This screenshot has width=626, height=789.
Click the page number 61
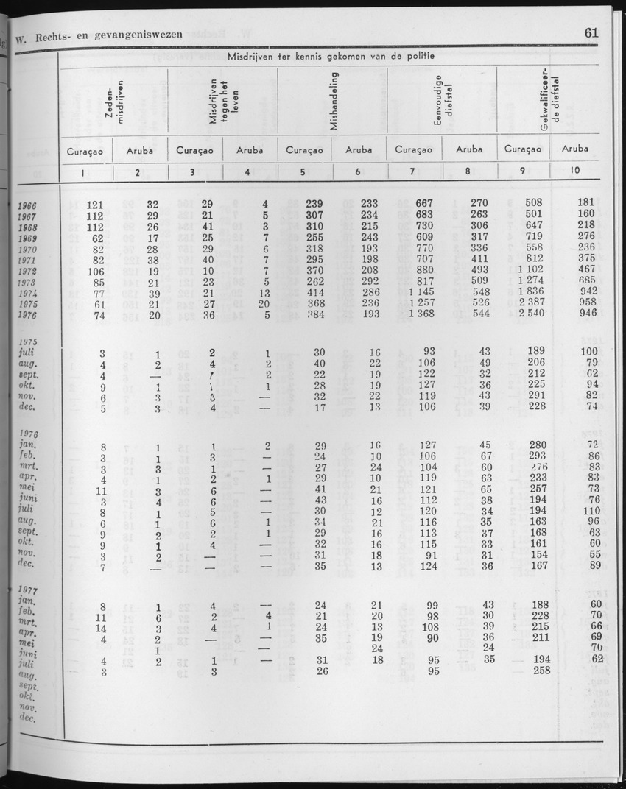click(x=591, y=32)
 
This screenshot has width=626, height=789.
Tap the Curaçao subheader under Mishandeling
click(x=304, y=149)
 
